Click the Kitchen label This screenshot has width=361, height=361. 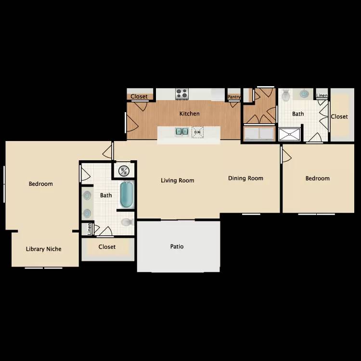coord(189,114)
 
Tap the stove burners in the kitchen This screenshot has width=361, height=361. coord(181,93)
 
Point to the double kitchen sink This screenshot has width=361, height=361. coord(181,131)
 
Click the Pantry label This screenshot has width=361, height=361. coord(234,97)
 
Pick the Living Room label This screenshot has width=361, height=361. coord(177,180)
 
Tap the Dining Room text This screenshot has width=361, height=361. coord(245,178)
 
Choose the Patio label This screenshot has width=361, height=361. coord(177,246)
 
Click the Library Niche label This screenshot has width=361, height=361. coord(43,249)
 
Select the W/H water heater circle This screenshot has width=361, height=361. coord(124,170)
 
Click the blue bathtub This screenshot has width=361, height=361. coord(126,194)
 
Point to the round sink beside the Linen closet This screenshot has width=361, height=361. coord(304,94)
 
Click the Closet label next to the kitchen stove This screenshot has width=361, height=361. coord(139,97)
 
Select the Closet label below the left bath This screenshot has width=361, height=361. coord(107,247)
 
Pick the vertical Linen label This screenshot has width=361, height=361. coord(90,230)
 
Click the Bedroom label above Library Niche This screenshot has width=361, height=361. coord(41,183)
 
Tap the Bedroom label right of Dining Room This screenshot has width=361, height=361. coord(318,178)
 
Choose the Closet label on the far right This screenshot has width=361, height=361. coord(339,116)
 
